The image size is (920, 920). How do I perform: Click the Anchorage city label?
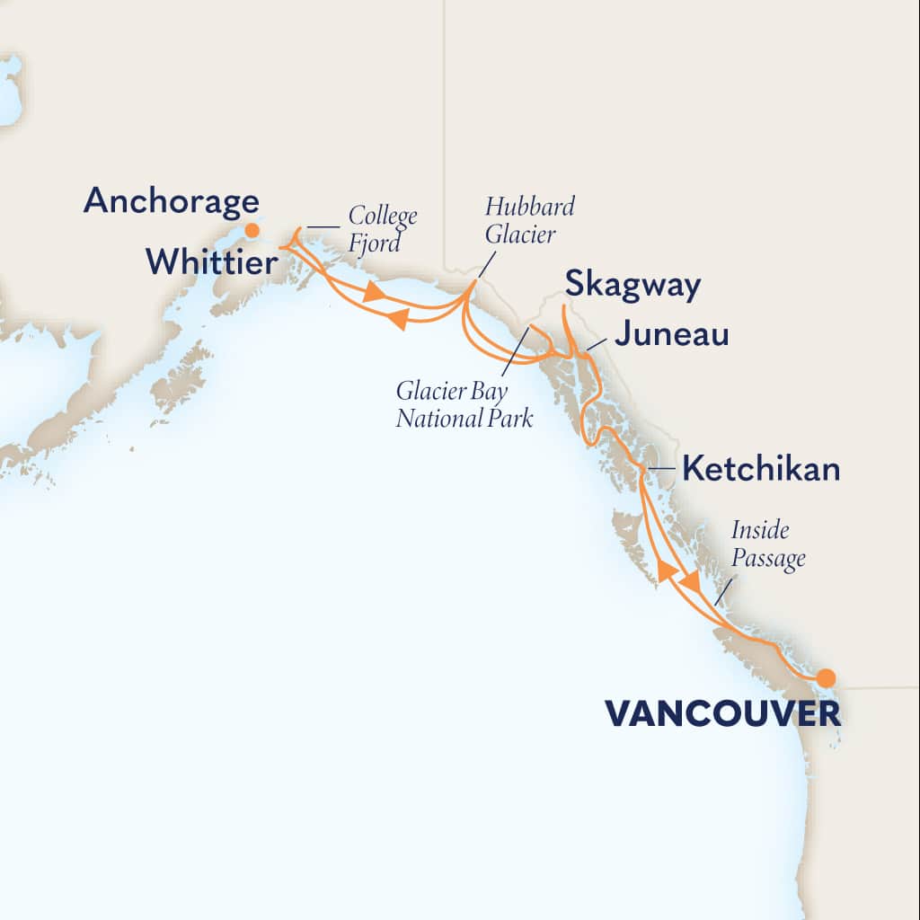click(x=171, y=201)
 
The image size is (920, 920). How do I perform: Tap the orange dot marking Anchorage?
click(x=252, y=230)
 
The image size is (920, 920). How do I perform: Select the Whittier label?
click(x=211, y=261)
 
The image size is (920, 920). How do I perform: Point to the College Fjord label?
click(x=383, y=228)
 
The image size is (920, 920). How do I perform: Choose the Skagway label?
click(x=632, y=287)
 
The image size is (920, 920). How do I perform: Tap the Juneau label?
click(x=671, y=336)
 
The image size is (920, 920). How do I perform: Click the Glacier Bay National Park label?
click(x=465, y=404)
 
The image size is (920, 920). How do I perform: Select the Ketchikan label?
click(x=761, y=469)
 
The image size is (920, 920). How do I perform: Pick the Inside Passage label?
click(x=767, y=544)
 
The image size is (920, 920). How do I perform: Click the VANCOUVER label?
click(x=722, y=714)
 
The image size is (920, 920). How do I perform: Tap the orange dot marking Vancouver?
click(x=825, y=677)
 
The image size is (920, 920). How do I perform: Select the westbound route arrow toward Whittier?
click(x=397, y=318)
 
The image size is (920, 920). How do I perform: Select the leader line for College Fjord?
click(x=323, y=227)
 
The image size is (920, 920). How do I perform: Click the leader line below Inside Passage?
click(x=723, y=590)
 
